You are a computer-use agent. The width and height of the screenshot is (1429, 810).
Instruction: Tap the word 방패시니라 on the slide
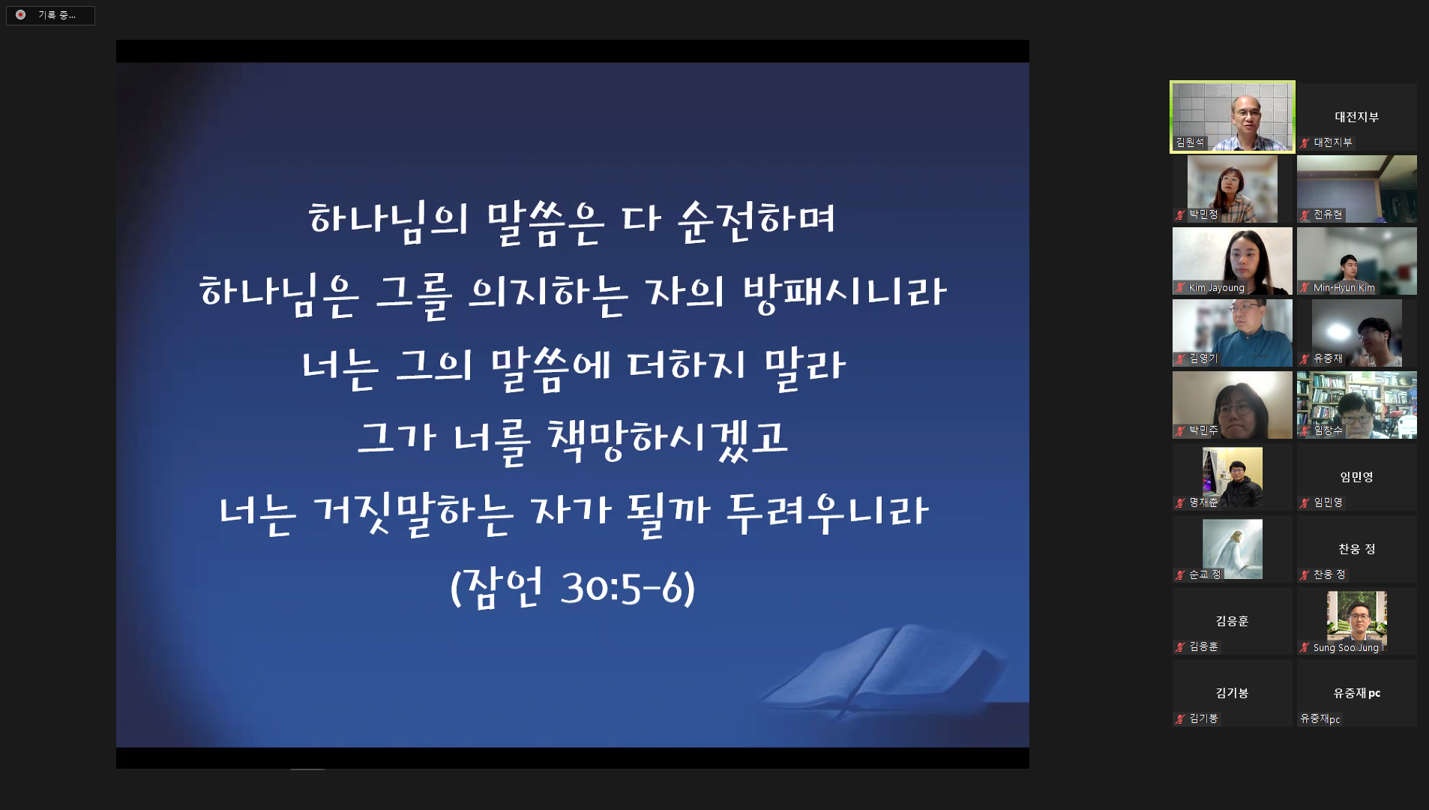click(x=844, y=292)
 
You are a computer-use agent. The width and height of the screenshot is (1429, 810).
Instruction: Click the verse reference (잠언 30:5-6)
click(x=572, y=586)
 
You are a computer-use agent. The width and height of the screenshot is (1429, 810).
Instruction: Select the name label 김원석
click(x=1190, y=142)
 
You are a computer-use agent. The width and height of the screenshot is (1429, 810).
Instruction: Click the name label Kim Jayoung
click(x=1216, y=288)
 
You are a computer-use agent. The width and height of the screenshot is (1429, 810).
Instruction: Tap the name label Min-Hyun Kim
click(x=1344, y=288)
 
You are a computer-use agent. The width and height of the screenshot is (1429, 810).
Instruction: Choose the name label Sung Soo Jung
click(x=1345, y=648)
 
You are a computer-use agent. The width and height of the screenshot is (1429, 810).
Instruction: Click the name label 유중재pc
click(x=1320, y=718)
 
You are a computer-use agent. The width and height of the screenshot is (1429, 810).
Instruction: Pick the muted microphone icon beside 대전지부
click(x=1305, y=142)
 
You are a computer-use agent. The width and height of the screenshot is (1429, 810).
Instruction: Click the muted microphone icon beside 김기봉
click(x=1180, y=718)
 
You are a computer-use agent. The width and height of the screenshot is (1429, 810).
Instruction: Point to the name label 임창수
click(x=1328, y=430)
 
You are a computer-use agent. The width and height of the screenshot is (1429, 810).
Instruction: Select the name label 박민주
click(x=1203, y=430)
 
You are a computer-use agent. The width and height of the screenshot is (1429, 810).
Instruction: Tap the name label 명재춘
click(x=1203, y=502)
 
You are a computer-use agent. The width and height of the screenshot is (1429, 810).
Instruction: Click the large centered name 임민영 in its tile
click(x=1356, y=477)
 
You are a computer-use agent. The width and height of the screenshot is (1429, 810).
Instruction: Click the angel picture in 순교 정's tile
click(x=1232, y=548)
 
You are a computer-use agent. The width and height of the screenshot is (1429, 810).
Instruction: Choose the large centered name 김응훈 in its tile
click(x=1232, y=621)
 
